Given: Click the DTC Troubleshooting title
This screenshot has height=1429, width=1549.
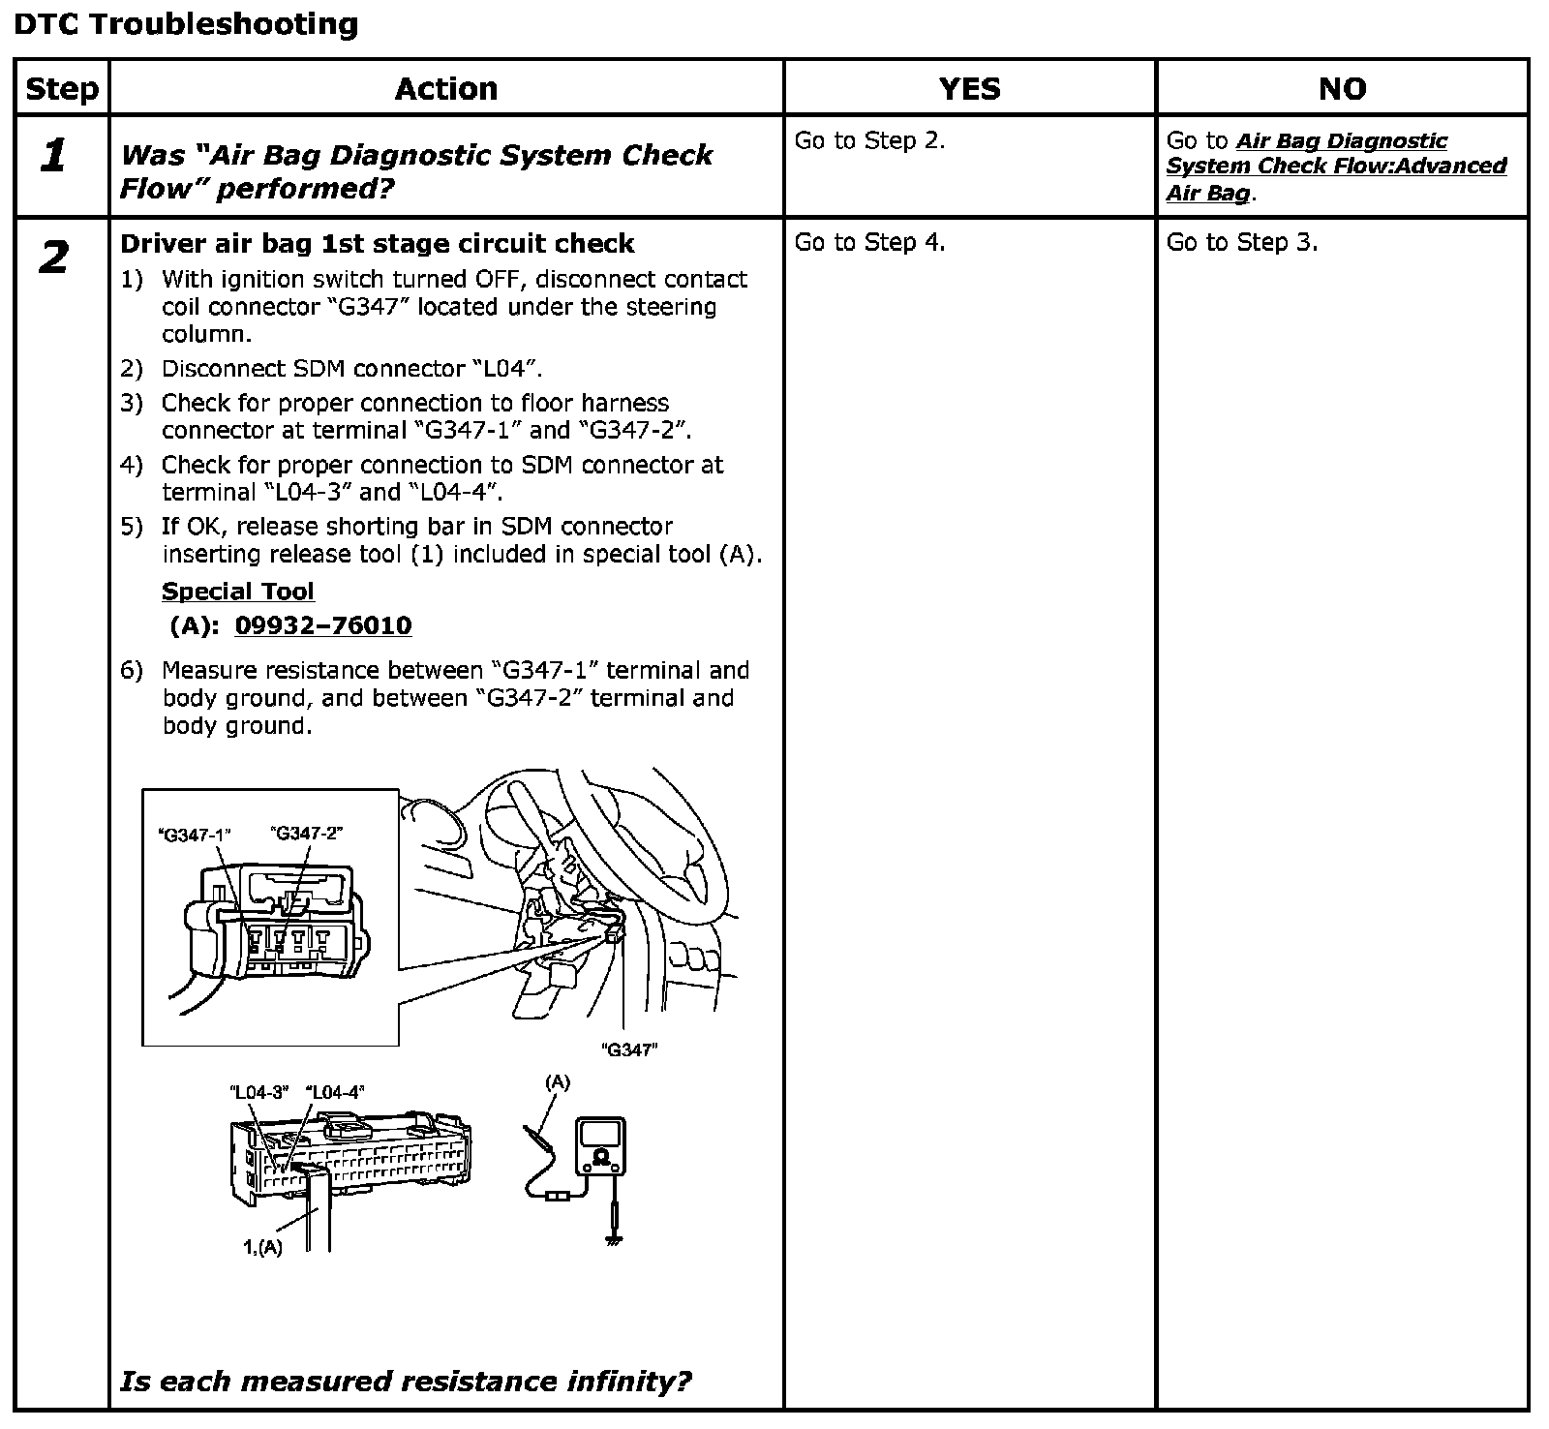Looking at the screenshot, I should [x=186, y=23].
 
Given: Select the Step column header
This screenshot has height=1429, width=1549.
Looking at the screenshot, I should [x=62, y=89].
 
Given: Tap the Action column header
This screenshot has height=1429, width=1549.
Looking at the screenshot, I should [x=446, y=89].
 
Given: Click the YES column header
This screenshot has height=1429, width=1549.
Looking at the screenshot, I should [x=969, y=89].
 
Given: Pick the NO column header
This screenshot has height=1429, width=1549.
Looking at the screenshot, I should [x=1342, y=89].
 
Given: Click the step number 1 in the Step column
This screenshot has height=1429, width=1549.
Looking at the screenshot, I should [x=54, y=155].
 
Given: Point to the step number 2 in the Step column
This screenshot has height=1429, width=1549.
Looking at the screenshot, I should [x=54, y=258].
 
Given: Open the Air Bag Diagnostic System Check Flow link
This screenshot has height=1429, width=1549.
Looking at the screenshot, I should [x=1336, y=167].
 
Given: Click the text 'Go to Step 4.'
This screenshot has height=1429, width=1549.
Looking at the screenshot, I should [x=869, y=242].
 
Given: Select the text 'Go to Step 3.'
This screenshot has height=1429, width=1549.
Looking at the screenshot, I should [x=1242, y=242].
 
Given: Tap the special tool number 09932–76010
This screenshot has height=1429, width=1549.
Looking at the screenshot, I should [x=323, y=625].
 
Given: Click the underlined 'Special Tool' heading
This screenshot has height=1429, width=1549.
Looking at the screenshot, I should [x=238, y=592].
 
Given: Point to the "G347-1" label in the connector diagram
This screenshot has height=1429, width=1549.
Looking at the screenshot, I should [x=195, y=835].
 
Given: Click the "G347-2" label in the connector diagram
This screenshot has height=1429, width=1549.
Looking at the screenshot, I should [x=307, y=833].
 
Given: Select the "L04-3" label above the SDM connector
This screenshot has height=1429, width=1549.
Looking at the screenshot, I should [x=259, y=1092].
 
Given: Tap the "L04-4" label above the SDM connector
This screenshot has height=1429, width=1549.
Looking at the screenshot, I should [x=335, y=1092].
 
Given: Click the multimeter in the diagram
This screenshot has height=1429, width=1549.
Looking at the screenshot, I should [x=601, y=1147].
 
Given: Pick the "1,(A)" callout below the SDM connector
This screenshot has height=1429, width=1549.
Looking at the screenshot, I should [x=262, y=1247].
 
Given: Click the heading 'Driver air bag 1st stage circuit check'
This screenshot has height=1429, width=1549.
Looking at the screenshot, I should [x=378, y=243].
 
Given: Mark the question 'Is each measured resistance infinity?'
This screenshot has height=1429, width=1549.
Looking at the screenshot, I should [x=406, y=1381].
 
